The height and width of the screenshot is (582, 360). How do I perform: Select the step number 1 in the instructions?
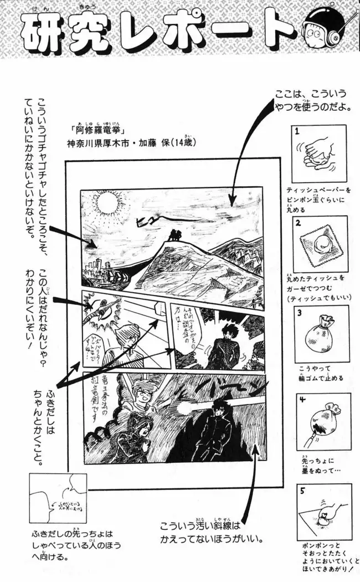click(297, 132)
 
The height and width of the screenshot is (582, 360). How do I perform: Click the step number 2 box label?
click(297, 223)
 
